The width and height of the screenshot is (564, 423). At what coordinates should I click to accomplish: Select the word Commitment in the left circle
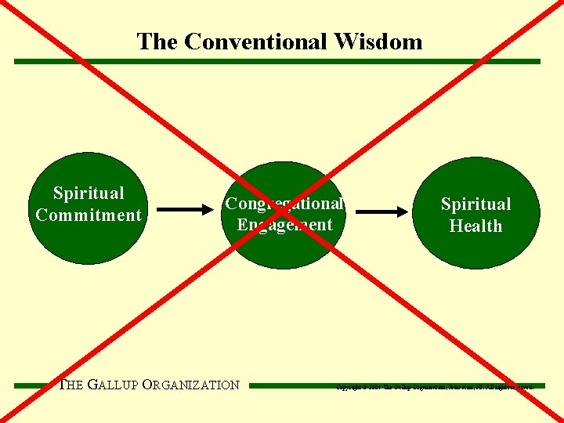pyautogui.click(x=89, y=215)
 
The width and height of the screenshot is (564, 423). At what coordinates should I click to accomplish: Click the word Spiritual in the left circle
pyautogui.click(x=89, y=193)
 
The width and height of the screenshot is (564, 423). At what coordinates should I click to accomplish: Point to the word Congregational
pyautogui.click(x=284, y=204)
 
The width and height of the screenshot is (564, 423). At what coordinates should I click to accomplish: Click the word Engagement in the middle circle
pyautogui.click(x=284, y=225)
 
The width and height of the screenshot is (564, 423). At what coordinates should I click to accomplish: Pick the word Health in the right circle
pyautogui.click(x=475, y=226)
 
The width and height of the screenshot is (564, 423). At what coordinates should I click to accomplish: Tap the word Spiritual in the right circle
pyautogui.click(x=475, y=204)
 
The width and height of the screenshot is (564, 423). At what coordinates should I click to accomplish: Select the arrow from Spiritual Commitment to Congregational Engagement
pyautogui.click(x=185, y=209)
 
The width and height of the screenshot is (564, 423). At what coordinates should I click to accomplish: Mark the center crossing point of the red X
pyautogui.click(x=283, y=212)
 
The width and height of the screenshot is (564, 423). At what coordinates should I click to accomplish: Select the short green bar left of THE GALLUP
pyautogui.click(x=35, y=385)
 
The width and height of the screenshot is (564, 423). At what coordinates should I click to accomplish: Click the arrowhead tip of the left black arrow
pyautogui.click(x=211, y=209)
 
